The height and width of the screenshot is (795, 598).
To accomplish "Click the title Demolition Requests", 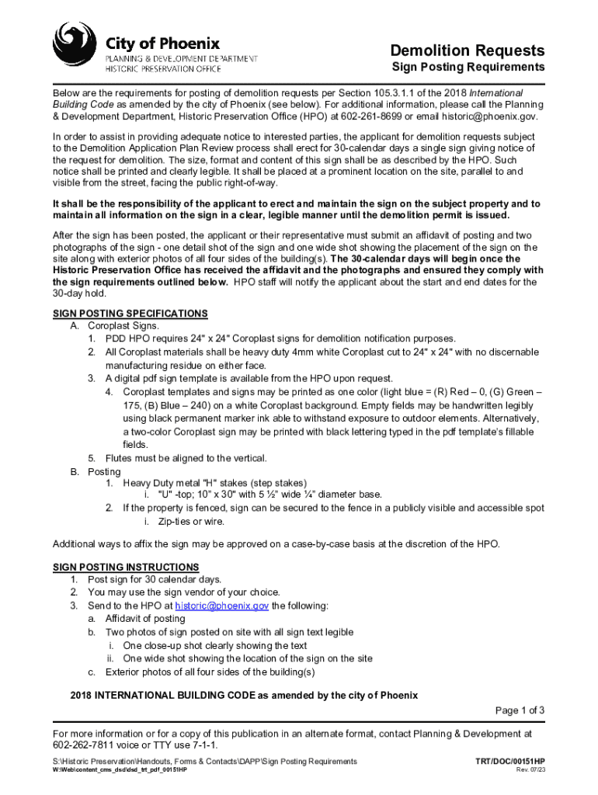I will [x=478, y=50].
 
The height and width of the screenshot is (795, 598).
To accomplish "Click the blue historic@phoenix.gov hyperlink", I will [x=222, y=606].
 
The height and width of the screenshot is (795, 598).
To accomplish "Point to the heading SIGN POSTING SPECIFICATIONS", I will [x=130, y=314].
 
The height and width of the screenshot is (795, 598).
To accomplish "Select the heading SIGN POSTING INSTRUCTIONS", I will [x=126, y=567].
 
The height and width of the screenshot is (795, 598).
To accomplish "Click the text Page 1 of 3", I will [x=520, y=710].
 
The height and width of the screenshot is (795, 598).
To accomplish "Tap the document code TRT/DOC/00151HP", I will [x=510, y=761].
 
